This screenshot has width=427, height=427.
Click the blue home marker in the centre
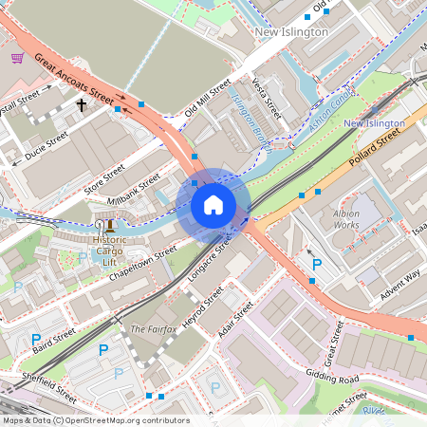pyautogui.click(x=213, y=205)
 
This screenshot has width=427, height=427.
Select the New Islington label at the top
pyautogui.click(x=291, y=32)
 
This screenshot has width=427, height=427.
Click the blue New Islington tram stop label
pyautogui.click(x=374, y=124)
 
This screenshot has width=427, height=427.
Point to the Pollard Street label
pyautogui.click(x=375, y=150)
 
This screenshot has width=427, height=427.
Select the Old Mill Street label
pyautogui.click(x=208, y=99)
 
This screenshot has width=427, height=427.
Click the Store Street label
pyautogui.click(x=104, y=177)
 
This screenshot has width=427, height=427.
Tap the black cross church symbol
pyautogui.click(x=82, y=104)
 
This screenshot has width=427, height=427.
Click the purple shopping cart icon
pyautogui.click(x=17, y=57)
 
